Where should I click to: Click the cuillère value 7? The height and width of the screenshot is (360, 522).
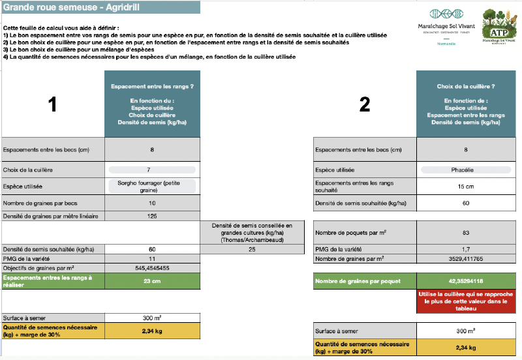point(152,170)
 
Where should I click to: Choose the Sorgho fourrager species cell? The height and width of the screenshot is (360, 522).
point(152,186)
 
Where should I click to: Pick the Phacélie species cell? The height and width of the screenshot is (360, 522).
point(466,170)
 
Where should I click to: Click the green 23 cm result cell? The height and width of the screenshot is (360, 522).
point(152,280)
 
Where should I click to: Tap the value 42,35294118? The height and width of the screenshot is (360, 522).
point(466,280)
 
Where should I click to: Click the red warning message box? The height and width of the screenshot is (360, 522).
point(466,302)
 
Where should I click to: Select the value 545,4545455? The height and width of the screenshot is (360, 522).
point(152,267)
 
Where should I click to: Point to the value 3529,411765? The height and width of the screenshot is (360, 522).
point(466,258)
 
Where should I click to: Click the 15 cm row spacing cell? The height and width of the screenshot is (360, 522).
point(466,186)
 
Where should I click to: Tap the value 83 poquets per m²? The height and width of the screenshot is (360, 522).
point(466,233)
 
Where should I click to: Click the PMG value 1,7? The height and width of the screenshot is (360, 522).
point(466,249)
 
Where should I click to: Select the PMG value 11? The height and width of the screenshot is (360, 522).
point(152,259)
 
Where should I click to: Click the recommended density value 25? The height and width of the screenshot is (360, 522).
point(252,249)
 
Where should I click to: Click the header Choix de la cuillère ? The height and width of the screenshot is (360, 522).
point(466,85)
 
